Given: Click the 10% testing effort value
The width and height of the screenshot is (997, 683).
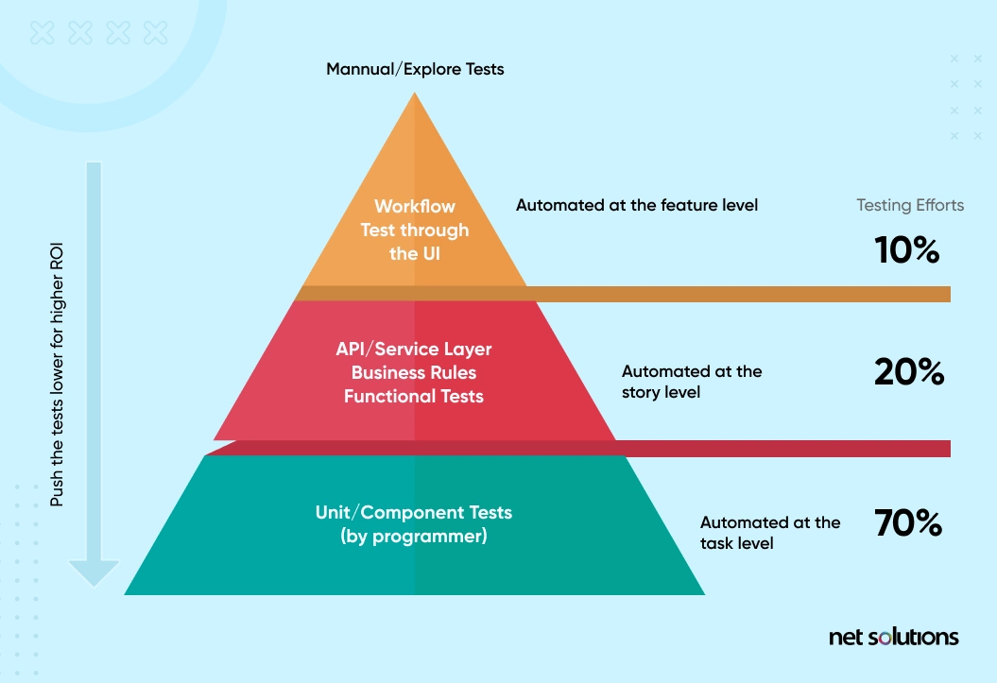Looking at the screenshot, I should [905, 250].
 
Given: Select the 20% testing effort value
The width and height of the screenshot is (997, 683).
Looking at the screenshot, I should [908, 372].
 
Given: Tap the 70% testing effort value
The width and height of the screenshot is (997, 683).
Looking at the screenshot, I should [908, 522].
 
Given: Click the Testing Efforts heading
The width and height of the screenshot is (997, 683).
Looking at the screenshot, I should [910, 205].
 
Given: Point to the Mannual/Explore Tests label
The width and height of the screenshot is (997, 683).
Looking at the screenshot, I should [415, 69].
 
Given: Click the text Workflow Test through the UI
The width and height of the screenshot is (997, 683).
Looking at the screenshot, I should [415, 230].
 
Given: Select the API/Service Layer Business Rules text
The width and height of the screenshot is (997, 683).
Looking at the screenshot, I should [414, 360].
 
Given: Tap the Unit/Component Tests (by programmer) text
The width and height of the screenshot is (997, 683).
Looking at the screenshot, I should [414, 524].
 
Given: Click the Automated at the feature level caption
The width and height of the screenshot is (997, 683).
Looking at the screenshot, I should [637, 204].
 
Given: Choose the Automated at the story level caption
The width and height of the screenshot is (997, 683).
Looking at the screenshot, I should [692, 381].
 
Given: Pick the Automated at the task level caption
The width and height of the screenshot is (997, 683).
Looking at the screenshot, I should [770, 533].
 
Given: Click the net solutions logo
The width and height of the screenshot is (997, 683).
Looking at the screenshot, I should [893, 637].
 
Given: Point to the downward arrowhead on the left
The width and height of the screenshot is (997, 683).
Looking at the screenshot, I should [95, 572].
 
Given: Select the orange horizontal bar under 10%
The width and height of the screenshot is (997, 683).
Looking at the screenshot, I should [737, 294].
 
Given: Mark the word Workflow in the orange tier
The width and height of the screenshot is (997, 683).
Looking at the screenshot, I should [415, 206].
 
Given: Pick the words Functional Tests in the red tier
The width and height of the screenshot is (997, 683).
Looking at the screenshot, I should [414, 396].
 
